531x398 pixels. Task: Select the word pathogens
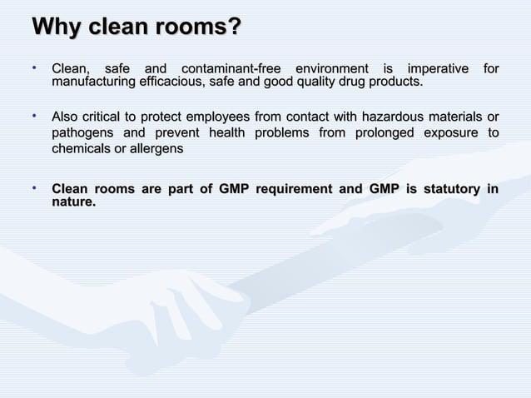(x=81, y=133)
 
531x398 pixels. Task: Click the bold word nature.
(x=73, y=202)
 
